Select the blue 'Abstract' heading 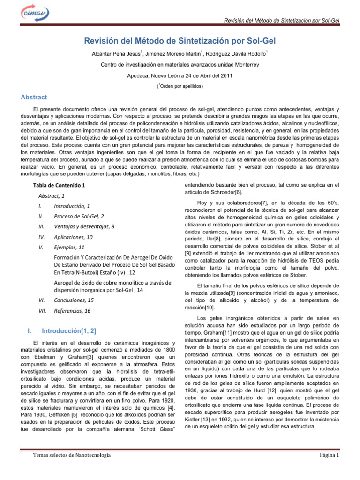[34, 97]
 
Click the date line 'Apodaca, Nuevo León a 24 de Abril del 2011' [180, 75]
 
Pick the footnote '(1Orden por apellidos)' [180, 86]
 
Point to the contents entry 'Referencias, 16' [72, 310]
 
